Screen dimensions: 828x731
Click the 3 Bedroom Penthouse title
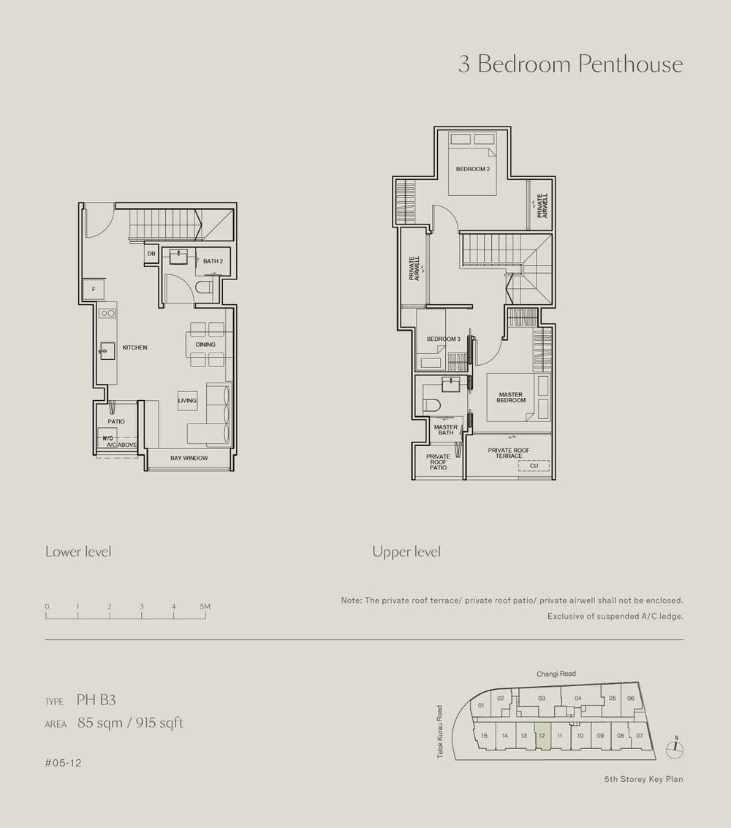(x=570, y=64)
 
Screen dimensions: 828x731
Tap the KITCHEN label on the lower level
(x=135, y=347)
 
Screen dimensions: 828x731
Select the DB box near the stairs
(x=151, y=254)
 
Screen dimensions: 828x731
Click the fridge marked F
(x=94, y=290)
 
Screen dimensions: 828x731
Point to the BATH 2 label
(x=213, y=261)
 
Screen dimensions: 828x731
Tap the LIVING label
(x=187, y=401)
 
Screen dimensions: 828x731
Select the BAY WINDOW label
(x=189, y=459)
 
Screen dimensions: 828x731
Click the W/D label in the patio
(x=107, y=438)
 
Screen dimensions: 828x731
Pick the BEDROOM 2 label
(x=472, y=169)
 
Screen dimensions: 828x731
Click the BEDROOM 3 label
(x=443, y=339)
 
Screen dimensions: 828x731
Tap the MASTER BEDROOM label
(x=510, y=397)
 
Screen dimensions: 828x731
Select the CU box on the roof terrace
(x=533, y=465)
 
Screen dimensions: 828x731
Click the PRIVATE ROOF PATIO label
(x=438, y=462)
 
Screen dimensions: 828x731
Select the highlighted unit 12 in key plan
(x=542, y=736)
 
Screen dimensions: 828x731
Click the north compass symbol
(x=676, y=748)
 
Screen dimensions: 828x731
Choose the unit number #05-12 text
(x=63, y=763)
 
